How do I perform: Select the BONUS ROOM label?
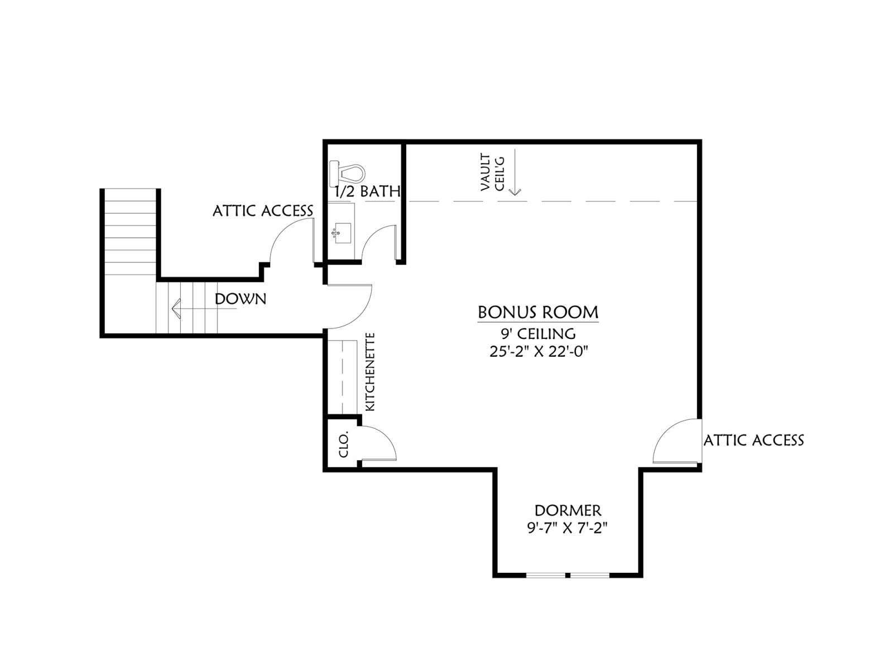pyautogui.click(x=538, y=313)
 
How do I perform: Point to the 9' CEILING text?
pyautogui.click(x=538, y=334)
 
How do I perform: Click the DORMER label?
pyautogui.click(x=568, y=510)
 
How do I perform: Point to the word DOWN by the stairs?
pyautogui.click(x=241, y=299)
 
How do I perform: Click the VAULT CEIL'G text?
pyautogui.click(x=492, y=173)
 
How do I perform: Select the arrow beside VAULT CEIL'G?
pyautogui.click(x=515, y=172)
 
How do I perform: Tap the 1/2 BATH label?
pyautogui.click(x=367, y=191)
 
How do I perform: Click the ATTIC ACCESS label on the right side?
pyautogui.click(x=753, y=441)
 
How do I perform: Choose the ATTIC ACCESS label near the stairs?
pyautogui.click(x=263, y=210)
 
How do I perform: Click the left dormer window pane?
pyautogui.click(x=546, y=575)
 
